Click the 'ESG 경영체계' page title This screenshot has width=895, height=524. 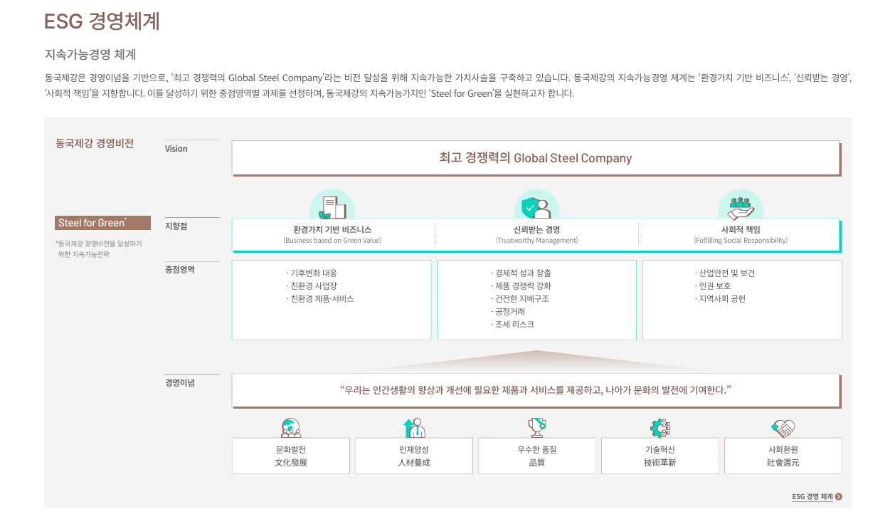(102, 21)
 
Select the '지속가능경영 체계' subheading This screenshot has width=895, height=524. (90, 54)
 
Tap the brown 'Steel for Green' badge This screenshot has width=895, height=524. (103, 223)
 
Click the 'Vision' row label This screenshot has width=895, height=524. (176, 149)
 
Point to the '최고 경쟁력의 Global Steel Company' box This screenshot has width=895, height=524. (536, 158)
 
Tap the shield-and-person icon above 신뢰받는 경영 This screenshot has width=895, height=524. (536, 206)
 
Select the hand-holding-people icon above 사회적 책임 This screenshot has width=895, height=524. (741, 206)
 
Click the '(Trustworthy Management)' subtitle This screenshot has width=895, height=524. (536, 241)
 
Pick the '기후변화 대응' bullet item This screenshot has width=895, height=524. (312, 273)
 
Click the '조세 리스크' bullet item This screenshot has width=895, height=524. (514, 325)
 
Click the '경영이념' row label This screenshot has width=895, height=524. (180, 382)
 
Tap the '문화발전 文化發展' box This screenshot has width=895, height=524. (291, 456)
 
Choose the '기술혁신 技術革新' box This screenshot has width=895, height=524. (660, 456)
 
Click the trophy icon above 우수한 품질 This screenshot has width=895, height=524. (536, 427)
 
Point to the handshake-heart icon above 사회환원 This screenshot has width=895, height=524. (783, 428)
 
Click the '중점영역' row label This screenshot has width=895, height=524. (180, 269)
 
